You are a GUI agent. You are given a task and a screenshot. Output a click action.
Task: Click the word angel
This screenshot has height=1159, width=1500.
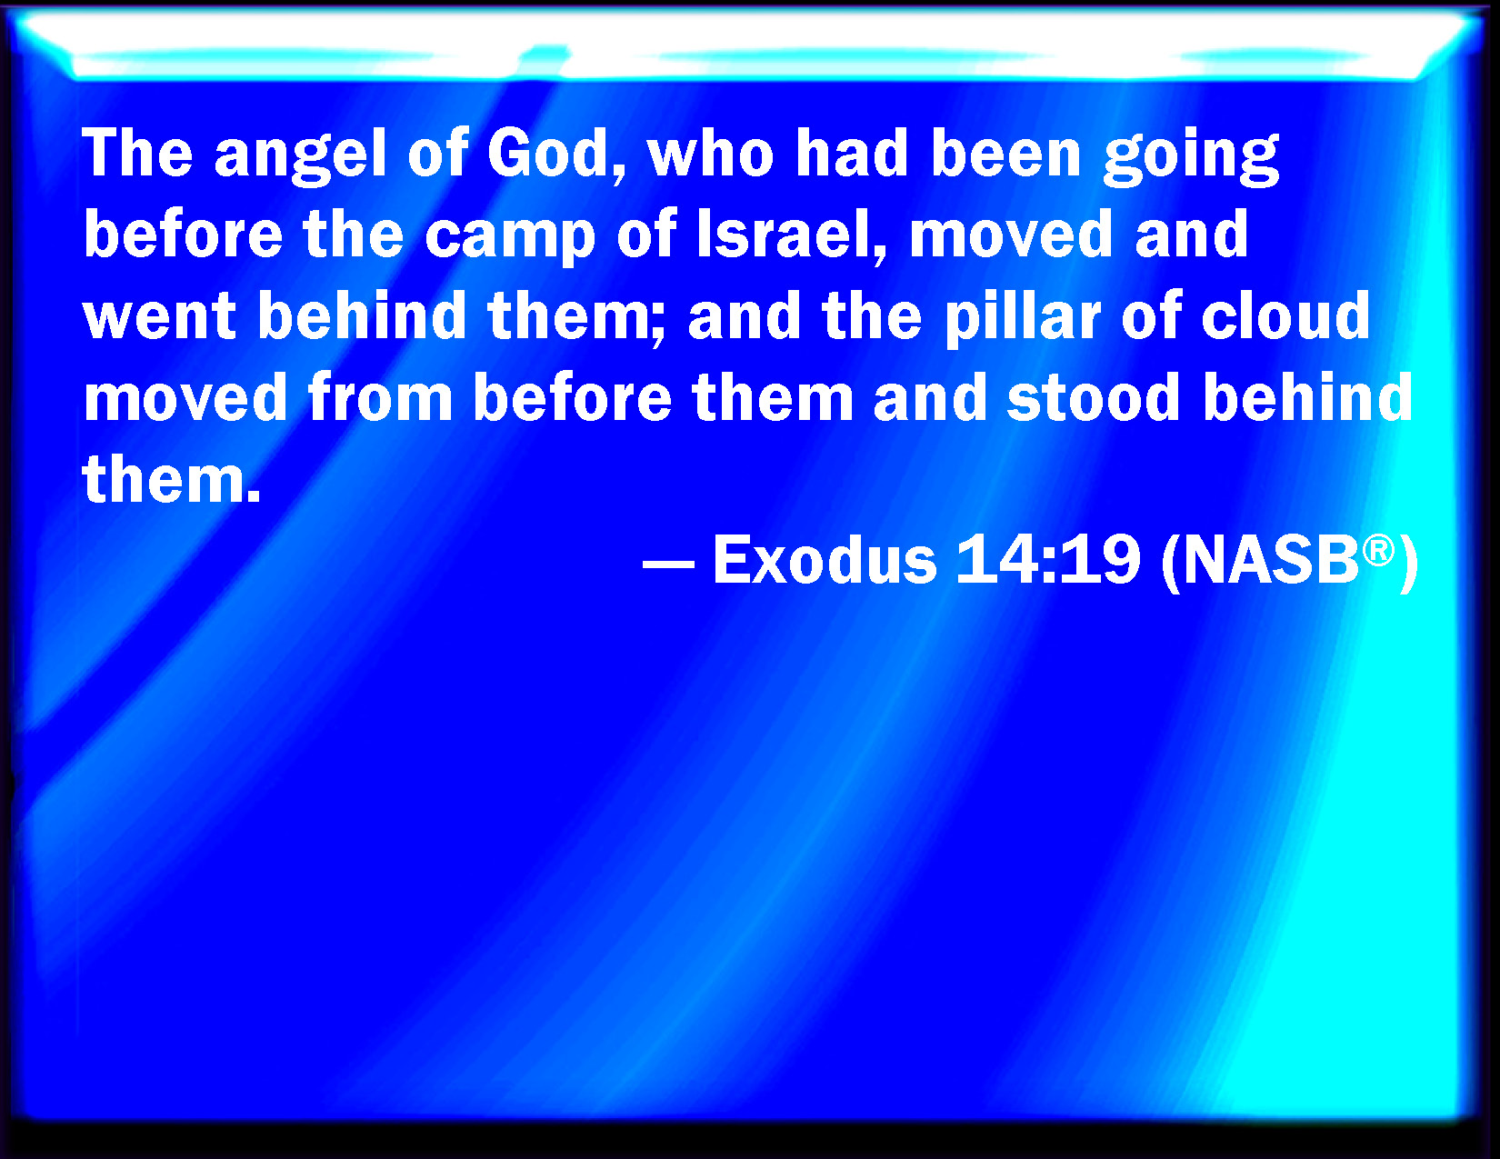click(x=300, y=156)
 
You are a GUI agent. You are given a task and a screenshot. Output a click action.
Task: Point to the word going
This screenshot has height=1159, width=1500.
click(x=1191, y=156)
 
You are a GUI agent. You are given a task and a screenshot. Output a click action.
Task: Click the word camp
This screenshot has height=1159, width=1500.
click(x=510, y=239)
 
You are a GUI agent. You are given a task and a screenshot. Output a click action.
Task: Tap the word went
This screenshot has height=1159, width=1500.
click(x=159, y=317)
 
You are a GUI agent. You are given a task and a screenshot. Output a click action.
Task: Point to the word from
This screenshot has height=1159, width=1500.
click(x=379, y=396)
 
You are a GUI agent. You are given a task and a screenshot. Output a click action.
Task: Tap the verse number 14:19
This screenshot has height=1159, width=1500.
click(x=1048, y=559)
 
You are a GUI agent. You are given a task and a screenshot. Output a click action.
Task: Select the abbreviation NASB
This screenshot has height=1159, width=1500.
click(x=1271, y=561)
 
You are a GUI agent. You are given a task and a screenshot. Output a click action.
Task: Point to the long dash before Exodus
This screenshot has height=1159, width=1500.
click(x=668, y=564)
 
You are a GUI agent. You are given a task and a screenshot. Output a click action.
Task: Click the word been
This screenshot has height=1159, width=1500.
click(x=1005, y=153)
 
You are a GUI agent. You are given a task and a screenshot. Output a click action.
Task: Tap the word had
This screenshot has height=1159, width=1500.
click(x=852, y=153)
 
